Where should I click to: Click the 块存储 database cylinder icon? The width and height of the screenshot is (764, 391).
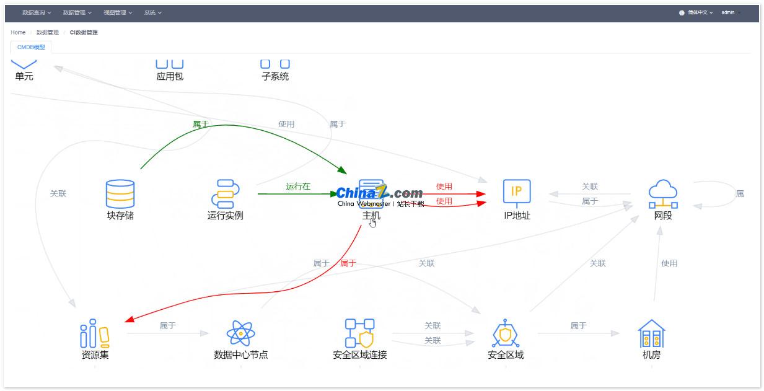120,193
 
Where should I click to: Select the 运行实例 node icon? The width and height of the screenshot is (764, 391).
225,193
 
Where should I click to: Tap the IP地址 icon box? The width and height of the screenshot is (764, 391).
517,193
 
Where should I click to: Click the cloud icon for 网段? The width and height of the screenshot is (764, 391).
662,193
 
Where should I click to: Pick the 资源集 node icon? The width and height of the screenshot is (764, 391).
95,333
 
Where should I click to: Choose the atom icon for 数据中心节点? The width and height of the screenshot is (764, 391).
240,333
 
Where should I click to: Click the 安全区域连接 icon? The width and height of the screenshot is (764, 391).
359,333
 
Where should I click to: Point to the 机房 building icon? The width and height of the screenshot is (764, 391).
651,333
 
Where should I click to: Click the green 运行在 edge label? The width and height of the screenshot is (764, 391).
298,187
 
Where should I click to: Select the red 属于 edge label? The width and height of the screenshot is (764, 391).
348,263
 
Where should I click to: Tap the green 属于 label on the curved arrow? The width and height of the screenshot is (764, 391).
201,125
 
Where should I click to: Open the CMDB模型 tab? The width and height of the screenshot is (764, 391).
31,47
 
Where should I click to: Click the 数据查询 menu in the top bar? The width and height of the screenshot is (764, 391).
37,12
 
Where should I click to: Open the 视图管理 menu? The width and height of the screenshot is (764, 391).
117,12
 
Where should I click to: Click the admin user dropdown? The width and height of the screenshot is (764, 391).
730,12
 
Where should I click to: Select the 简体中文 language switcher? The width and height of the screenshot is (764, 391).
696,12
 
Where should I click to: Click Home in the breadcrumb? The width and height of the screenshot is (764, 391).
18,32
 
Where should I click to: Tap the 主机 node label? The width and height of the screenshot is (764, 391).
371,216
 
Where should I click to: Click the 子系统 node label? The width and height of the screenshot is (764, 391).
275,77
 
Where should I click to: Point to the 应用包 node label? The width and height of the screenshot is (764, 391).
170,77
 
